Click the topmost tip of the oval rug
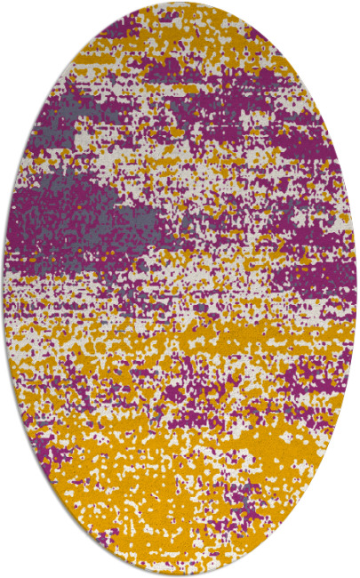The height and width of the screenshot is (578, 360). coord(180,4)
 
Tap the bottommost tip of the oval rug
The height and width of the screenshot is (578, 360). coord(180,574)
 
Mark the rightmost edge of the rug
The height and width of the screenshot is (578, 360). coord(356,289)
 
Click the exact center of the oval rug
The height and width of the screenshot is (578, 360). coord(180,289)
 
